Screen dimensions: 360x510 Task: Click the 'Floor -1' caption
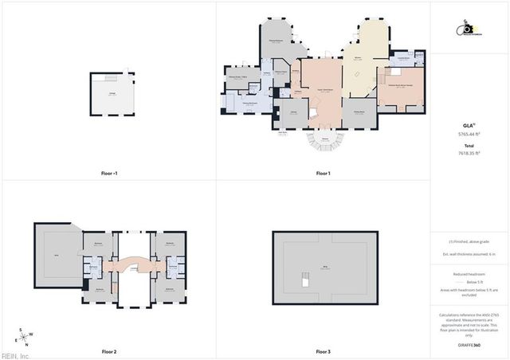[x=109, y=173]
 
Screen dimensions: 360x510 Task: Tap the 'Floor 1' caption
[x=323, y=173]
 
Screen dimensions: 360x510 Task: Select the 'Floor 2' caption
[x=109, y=351]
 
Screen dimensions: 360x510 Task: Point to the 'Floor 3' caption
[x=323, y=351]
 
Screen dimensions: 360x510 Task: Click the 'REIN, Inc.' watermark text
[x=14, y=355]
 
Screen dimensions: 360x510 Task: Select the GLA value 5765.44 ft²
[x=469, y=135]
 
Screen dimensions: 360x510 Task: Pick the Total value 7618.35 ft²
[x=469, y=153]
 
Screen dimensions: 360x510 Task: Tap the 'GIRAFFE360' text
[x=469, y=346]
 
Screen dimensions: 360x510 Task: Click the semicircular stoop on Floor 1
[x=324, y=143]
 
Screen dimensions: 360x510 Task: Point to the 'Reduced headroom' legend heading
[x=469, y=273]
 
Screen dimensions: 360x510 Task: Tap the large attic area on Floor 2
[x=55, y=256]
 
